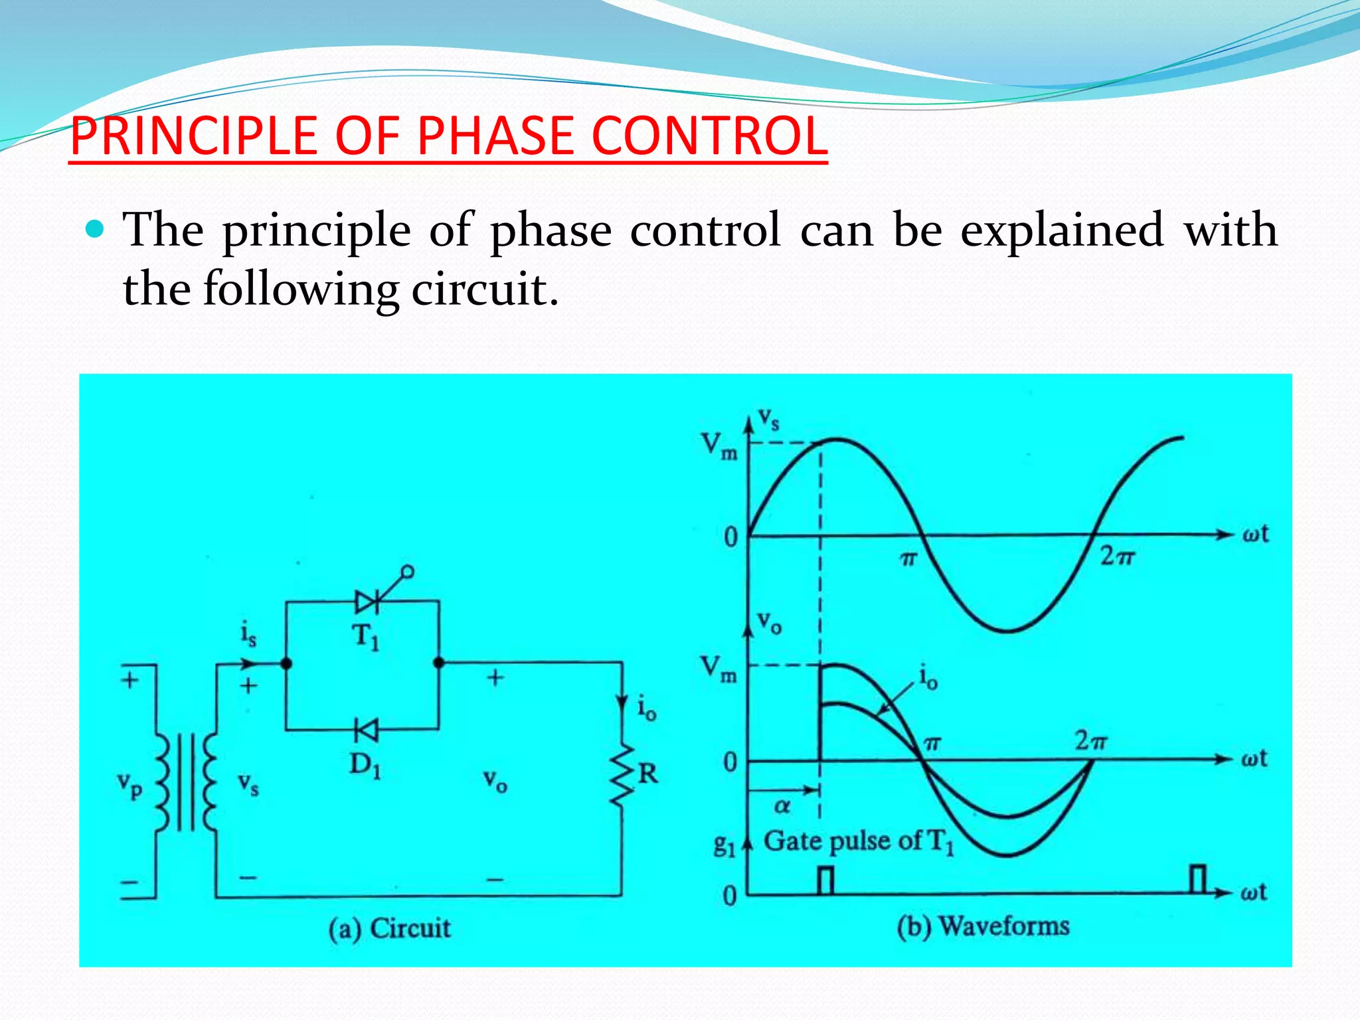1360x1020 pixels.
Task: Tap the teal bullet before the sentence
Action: click(x=96, y=230)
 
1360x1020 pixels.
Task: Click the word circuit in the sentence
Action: click(x=485, y=290)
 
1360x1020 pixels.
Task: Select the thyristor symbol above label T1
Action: click(x=367, y=602)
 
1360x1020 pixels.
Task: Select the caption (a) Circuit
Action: click(x=390, y=928)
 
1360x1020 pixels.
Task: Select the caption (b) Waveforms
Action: click(x=983, y=926)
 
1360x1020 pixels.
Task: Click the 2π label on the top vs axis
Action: click(x=1117, y=556)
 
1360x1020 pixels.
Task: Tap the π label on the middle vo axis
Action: click(x=932, y=744)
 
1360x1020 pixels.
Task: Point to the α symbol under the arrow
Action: click(x=782, y=806)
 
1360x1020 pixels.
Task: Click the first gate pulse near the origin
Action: click(x=825, y=881)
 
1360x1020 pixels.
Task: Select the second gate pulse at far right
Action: click(x=1197, y=880)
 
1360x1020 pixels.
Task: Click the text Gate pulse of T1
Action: click(x=858, y=842)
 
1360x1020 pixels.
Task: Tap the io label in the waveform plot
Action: click(x=928, y=678)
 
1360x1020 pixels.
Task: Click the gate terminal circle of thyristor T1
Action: click(x=408, y=571)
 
